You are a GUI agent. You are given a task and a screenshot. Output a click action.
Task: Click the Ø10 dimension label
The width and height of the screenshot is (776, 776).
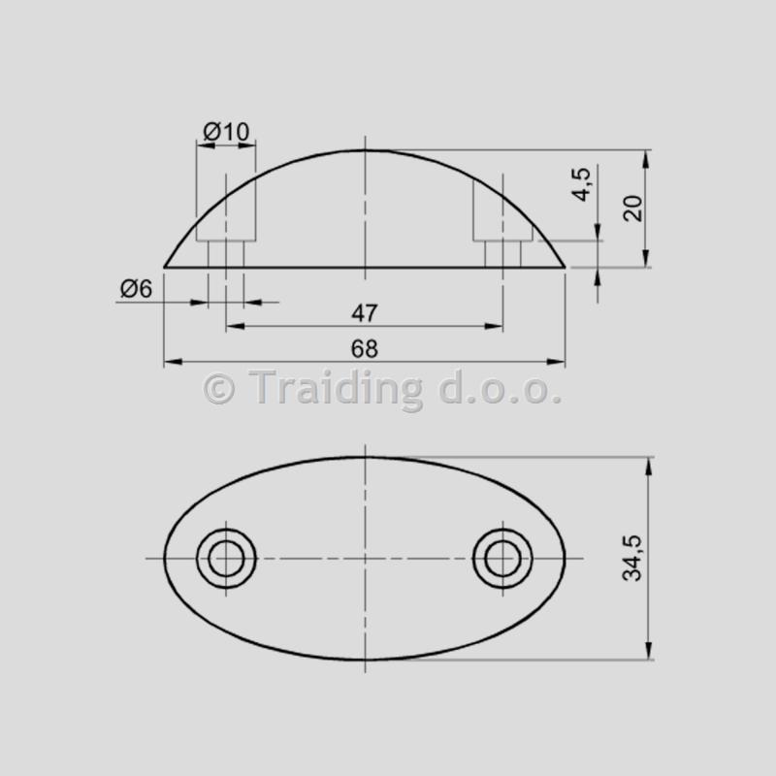pyautogui.click(x=226, y=132)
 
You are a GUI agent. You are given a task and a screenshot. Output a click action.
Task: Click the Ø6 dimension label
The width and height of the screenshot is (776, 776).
pyautogui.click(x=136, y=288)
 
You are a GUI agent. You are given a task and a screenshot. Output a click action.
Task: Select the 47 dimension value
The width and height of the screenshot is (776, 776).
pyautogui.click(x=365, y=313)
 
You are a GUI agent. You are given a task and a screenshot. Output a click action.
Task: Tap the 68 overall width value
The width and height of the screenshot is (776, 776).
pyautogui.click(x=365, y=349)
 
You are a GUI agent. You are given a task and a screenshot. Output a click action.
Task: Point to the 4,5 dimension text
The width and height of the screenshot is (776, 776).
pyautogui.click(x=582, y=184)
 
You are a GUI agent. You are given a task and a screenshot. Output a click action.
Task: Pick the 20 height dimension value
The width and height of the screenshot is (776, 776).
pyautogui.click(x=633, y=209)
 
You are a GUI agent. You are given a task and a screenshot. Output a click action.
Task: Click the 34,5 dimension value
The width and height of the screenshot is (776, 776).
pyautogui.click(x=632, y=558)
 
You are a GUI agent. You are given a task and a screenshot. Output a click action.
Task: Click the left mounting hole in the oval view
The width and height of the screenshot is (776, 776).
pyautogui.click(x=226, y=559)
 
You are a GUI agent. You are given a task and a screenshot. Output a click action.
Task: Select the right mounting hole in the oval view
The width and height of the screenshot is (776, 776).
pyautogui.click(x=502, y=559)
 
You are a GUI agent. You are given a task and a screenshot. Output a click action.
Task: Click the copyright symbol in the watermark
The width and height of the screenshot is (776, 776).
pyautogui.click(x=219, y=389)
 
